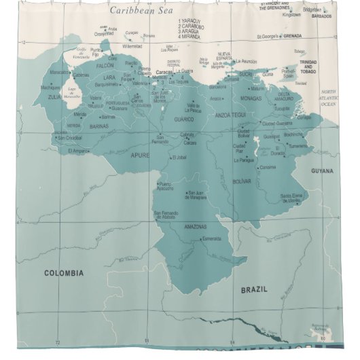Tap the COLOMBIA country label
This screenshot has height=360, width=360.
64,273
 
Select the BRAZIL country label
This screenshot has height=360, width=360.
254,289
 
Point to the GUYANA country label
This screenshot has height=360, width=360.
323,171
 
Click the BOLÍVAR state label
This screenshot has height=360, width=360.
242,181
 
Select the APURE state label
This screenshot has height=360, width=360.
139,155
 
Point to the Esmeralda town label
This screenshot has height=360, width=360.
212,238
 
